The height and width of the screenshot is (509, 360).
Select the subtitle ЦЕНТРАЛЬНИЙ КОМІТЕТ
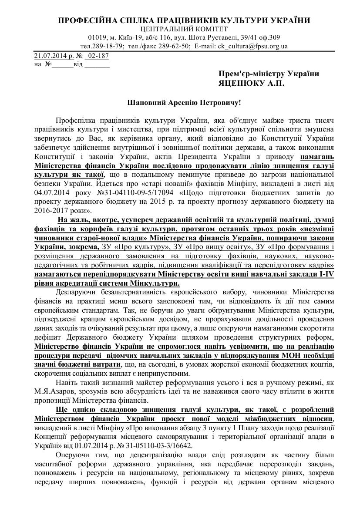(180, 29)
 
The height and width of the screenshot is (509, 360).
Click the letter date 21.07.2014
(47, 56)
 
